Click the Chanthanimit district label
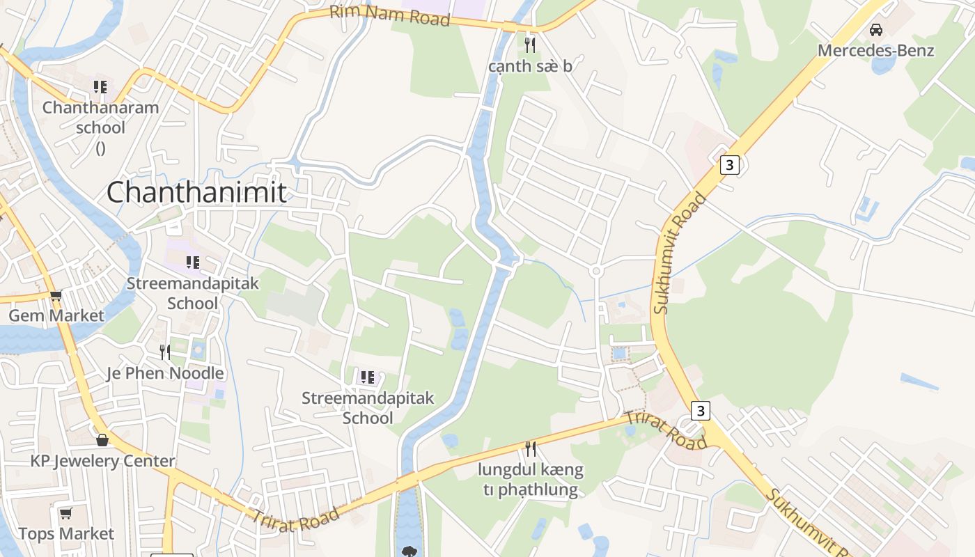tap(196, 192)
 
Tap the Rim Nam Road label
tap(389, 15)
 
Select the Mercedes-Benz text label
tap(875, 50)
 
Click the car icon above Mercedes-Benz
tap(876, 30)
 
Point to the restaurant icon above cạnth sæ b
tap(530, 45)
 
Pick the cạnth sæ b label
tap(530, 66)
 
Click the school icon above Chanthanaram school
tap(100, 87)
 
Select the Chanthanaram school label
tap(100, 118)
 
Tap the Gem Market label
tap(56, 315)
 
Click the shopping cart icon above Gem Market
tap(56, 295)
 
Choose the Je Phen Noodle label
tap(165, 373)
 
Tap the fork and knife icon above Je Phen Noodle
tap(165, 352)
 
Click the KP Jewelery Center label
tap(102, 461)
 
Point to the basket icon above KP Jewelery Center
tap(102, 440)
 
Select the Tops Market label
tap(66, 534)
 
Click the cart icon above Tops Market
tap(66, 514)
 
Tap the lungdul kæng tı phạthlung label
tap(530, 480)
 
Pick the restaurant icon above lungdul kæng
tap(530, 448)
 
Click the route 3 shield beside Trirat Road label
tap(701, 411)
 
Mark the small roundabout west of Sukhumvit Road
tap(595, 271)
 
